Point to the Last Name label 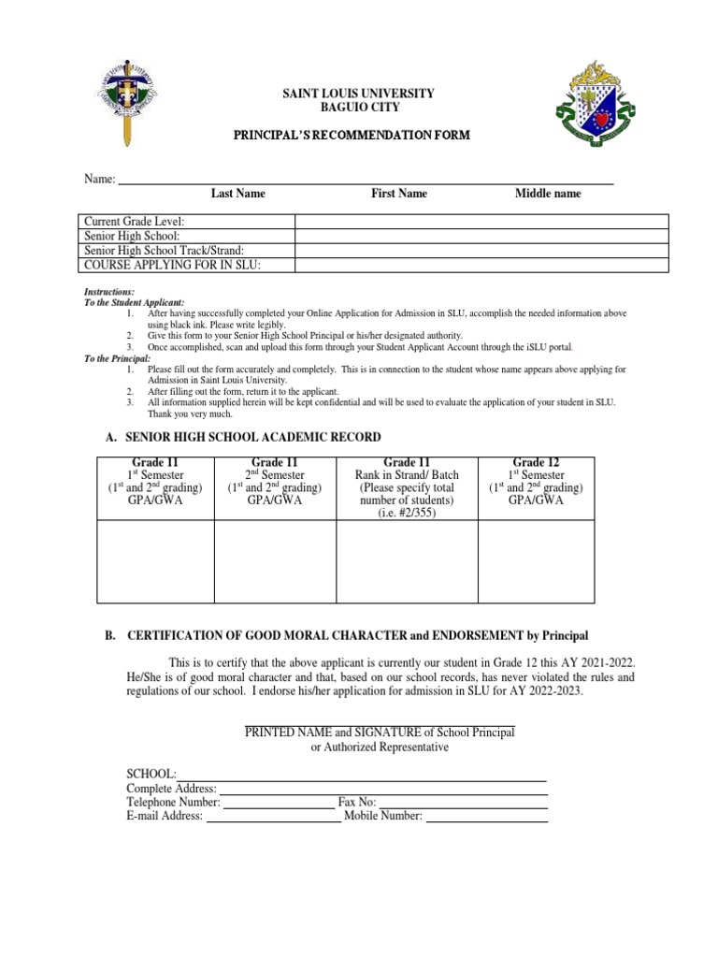(237, 194)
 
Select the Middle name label (548, 194)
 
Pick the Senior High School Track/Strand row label (164, 251)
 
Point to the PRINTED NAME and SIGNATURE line (380, 732)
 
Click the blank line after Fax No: (463, 803)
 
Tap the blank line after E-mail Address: (273, 817)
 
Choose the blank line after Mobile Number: (486, 817)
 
